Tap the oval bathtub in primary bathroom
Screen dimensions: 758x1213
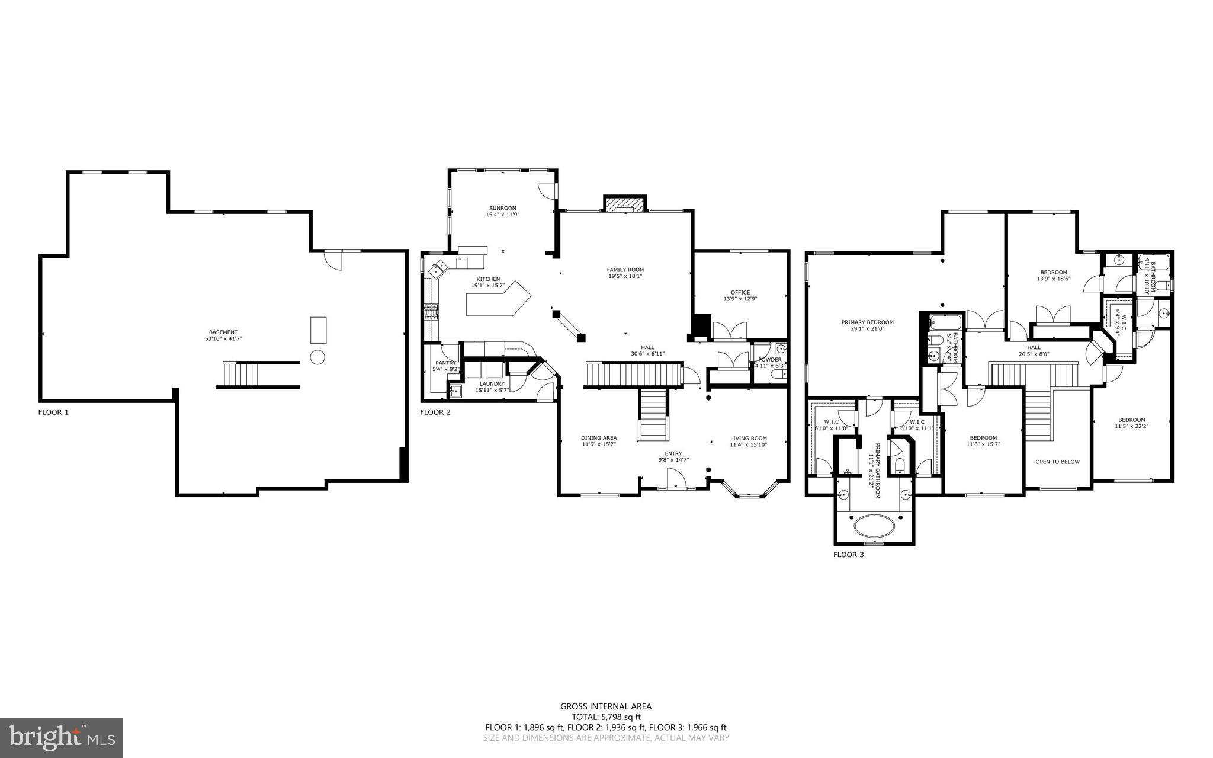[875, 525]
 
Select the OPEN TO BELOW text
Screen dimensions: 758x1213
[1057, 462]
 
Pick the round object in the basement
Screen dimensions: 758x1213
[317, 357]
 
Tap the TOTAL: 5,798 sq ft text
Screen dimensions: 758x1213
[605, 717]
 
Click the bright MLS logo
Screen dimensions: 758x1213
[62, 737]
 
